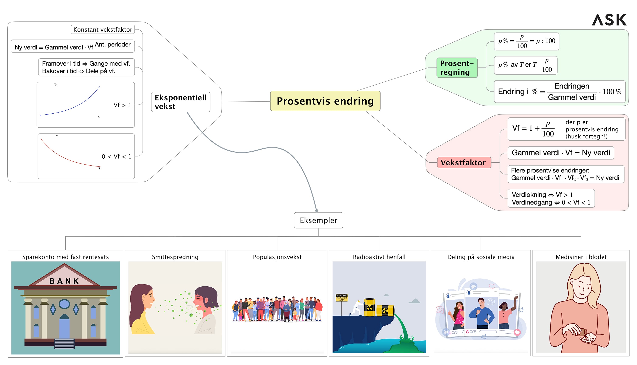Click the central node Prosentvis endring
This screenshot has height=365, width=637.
pos(325,101)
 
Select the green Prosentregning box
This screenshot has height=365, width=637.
pos(457,68)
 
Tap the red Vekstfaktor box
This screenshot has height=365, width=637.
pos(464,162)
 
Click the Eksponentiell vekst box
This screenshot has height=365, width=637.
pos(180,102)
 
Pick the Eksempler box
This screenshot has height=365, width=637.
pos(318,220)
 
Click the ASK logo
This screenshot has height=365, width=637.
pos(609,20)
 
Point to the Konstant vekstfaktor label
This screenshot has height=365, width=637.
pos(103,30)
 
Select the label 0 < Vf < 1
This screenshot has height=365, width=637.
pos(116,156)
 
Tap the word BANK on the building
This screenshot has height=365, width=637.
pos(64,281)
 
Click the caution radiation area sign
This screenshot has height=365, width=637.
pos(341,297)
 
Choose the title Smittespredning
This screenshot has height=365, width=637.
pos(175,257)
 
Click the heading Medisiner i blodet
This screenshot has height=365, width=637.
pos(581,257)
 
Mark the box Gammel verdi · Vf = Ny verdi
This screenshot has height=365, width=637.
pos(561,153)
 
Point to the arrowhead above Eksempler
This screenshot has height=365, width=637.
pos(316,211)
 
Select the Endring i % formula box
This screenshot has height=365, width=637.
pos(559,92)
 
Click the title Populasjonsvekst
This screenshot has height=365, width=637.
pos(277,257)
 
